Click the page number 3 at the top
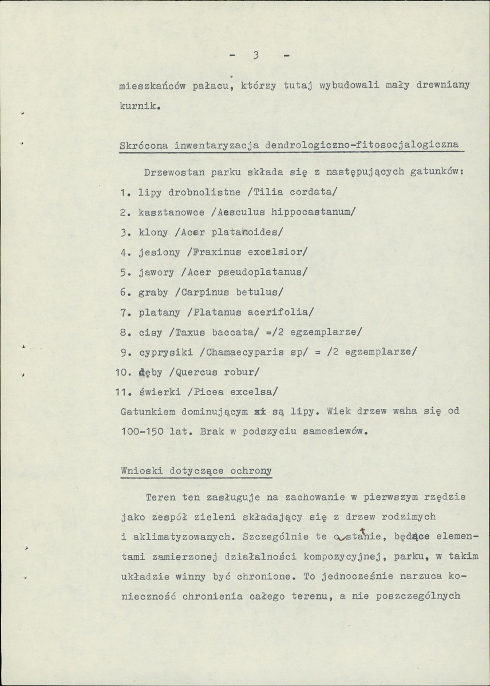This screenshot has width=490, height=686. tap(256, 56)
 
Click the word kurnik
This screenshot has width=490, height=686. tap(138, 106)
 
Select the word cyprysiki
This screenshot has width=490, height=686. tap(165, 352)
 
